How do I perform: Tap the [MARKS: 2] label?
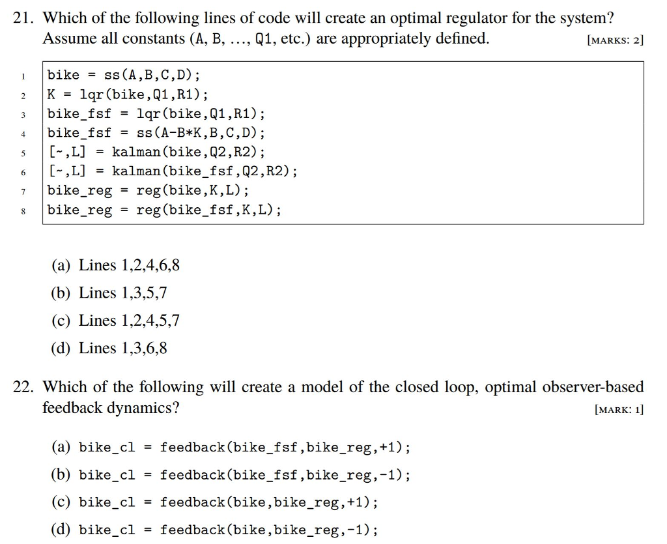pyautogui.click(x=615, y=40)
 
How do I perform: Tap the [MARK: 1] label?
pyautogui.click(x=619, y=410)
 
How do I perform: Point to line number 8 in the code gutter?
pyautogui.click(x=23, y=211)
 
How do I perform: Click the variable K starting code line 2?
pyautogui.click(x=51, y=94)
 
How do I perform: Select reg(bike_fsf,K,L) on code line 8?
pyautogui.click(x=205, y=210)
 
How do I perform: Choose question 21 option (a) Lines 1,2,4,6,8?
pyautogui.click(x=115, y=265)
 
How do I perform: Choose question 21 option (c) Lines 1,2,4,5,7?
pyautogui.click(x=115, y=321)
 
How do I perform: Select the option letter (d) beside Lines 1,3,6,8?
pyautogui.click(x=61, y=349)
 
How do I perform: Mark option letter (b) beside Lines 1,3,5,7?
pyautogui.click(x=61, y=293)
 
